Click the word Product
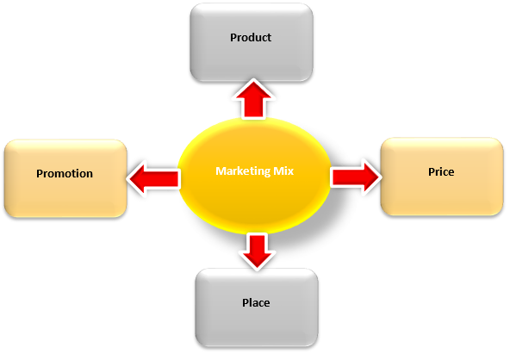pyautogui.click(x=251, y=37)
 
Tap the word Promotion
pyautogui.click(x=65, y=173)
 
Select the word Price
pyautogui.click(x=441, y=171)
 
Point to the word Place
pyautogui.click(x=256, y=303)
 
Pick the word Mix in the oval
pyautogui.click(x=283, y=171)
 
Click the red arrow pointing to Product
pyautogui.click(x=253, y=99)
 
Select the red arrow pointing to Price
pyautogui.click(x=356, y=177)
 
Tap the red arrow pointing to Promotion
pyautogui.click(x=154, y=178)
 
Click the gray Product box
pyautogui.click(x=252, y=42)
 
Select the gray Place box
pyautogui.click(x=257, y=307)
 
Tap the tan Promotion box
pyautogui.click(x=65, y=178)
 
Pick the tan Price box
pyautogui.click(x=442, y=177)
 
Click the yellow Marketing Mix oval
pyautogui.click(x=254, y=176)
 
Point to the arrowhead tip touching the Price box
pyautogui.click(x=380, y=177)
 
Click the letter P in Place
pyautogui.click(x=246, y=302)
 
